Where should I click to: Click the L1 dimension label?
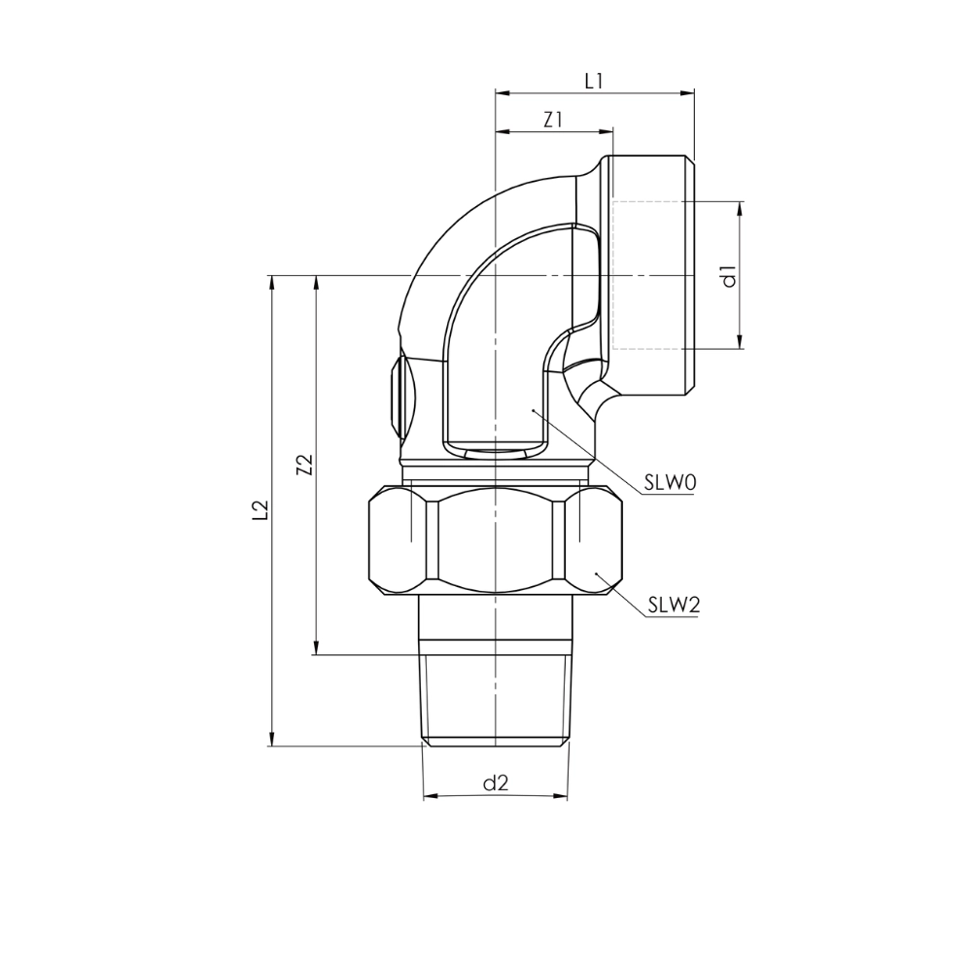[x=593, y=81]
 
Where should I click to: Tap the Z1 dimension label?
[x=552, y=120]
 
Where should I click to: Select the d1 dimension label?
[x=729, y=275]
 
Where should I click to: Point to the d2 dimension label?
[x=496, y=783]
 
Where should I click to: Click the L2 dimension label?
[x=260, y=509]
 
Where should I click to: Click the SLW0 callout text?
[x=670, y=482]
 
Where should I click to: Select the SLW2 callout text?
[x=674, y=605]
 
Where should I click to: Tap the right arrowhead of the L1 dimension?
[x=687, y=93]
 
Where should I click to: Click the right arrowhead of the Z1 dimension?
[x=606, y=132]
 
